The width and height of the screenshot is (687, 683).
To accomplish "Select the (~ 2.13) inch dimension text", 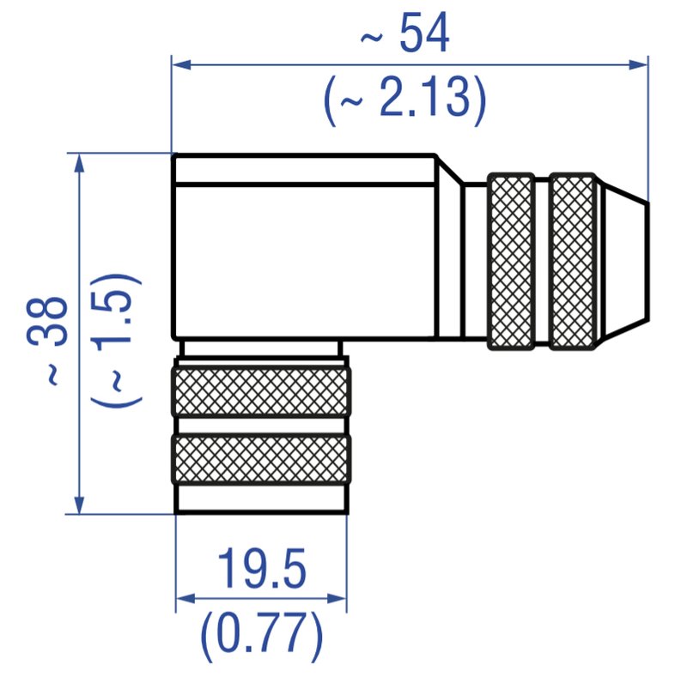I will (x=405, y=101).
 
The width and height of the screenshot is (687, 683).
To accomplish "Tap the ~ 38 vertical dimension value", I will (x=48, y=339).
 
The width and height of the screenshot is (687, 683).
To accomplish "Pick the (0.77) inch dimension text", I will (x=261, y=635).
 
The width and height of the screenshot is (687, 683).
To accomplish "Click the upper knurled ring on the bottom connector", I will (x=261, y=391).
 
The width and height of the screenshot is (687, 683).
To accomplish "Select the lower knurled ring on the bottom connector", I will (x=261, y=459).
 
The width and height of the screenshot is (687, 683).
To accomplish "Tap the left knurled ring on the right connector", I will (x=511, y=261).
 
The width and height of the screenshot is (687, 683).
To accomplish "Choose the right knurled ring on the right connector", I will (x=573, y=261).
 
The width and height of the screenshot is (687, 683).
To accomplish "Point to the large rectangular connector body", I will (x=305, y=257).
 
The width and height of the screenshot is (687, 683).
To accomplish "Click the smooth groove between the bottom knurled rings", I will (x=261, y=426).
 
